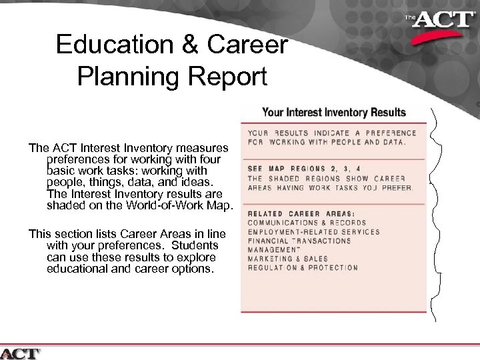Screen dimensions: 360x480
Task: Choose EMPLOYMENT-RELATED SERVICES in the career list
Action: click(313, 232)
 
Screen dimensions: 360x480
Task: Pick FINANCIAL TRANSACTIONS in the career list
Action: click(299, 241)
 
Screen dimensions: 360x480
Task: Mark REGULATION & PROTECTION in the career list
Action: click(302, 268)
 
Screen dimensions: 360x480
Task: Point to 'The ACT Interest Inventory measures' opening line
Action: click(128, 147)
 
